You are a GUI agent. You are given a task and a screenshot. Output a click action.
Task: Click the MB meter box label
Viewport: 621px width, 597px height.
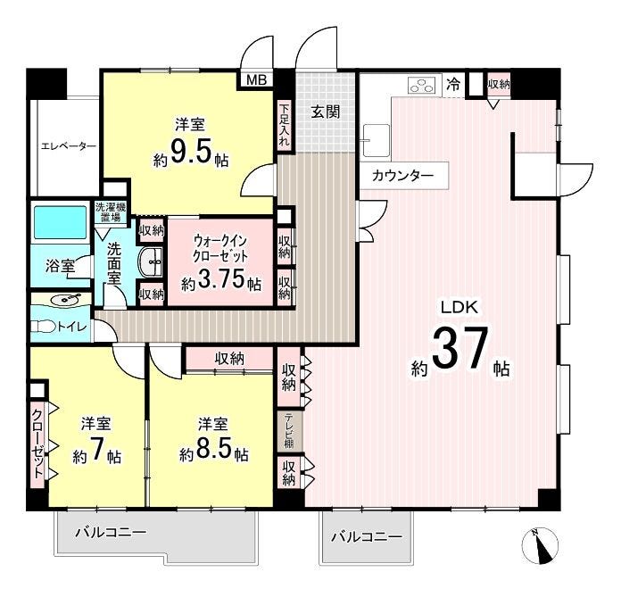point(257,80)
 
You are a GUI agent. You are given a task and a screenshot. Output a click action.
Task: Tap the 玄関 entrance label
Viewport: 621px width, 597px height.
point(325,112)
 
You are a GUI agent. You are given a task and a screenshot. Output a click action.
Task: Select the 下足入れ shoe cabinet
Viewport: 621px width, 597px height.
point(284,125)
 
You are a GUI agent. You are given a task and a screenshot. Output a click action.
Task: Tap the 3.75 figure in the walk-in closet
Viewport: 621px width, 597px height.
point(219,280)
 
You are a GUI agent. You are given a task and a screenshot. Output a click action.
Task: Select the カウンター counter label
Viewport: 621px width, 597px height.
point(402,175)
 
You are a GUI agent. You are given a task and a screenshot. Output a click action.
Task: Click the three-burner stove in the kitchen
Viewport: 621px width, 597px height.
point(422,85)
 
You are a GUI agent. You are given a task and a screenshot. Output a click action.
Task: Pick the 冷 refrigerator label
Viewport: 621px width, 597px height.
point(453,84)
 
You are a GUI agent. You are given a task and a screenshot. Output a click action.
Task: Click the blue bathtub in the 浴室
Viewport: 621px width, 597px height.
point(60,223)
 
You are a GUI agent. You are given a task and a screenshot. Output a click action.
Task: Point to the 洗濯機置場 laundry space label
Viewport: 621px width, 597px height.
point(110,212)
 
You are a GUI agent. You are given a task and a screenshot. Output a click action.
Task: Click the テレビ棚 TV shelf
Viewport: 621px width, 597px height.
point(289,431)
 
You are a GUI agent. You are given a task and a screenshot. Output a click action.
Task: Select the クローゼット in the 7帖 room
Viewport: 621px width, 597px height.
point(37,445)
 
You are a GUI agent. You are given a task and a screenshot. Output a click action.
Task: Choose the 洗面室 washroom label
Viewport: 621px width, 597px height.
point(114,262)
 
